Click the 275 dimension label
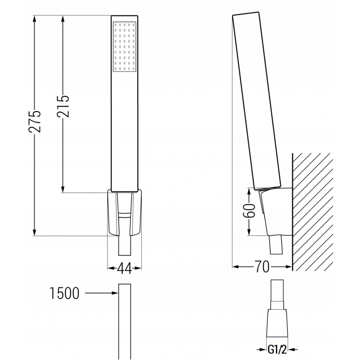point(36,121)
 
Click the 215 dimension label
point(63,106)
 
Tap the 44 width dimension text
point(124,269)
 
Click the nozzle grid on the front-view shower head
point(124,47)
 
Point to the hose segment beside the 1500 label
point(124,319)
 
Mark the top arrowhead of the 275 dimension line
point(36,18)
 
